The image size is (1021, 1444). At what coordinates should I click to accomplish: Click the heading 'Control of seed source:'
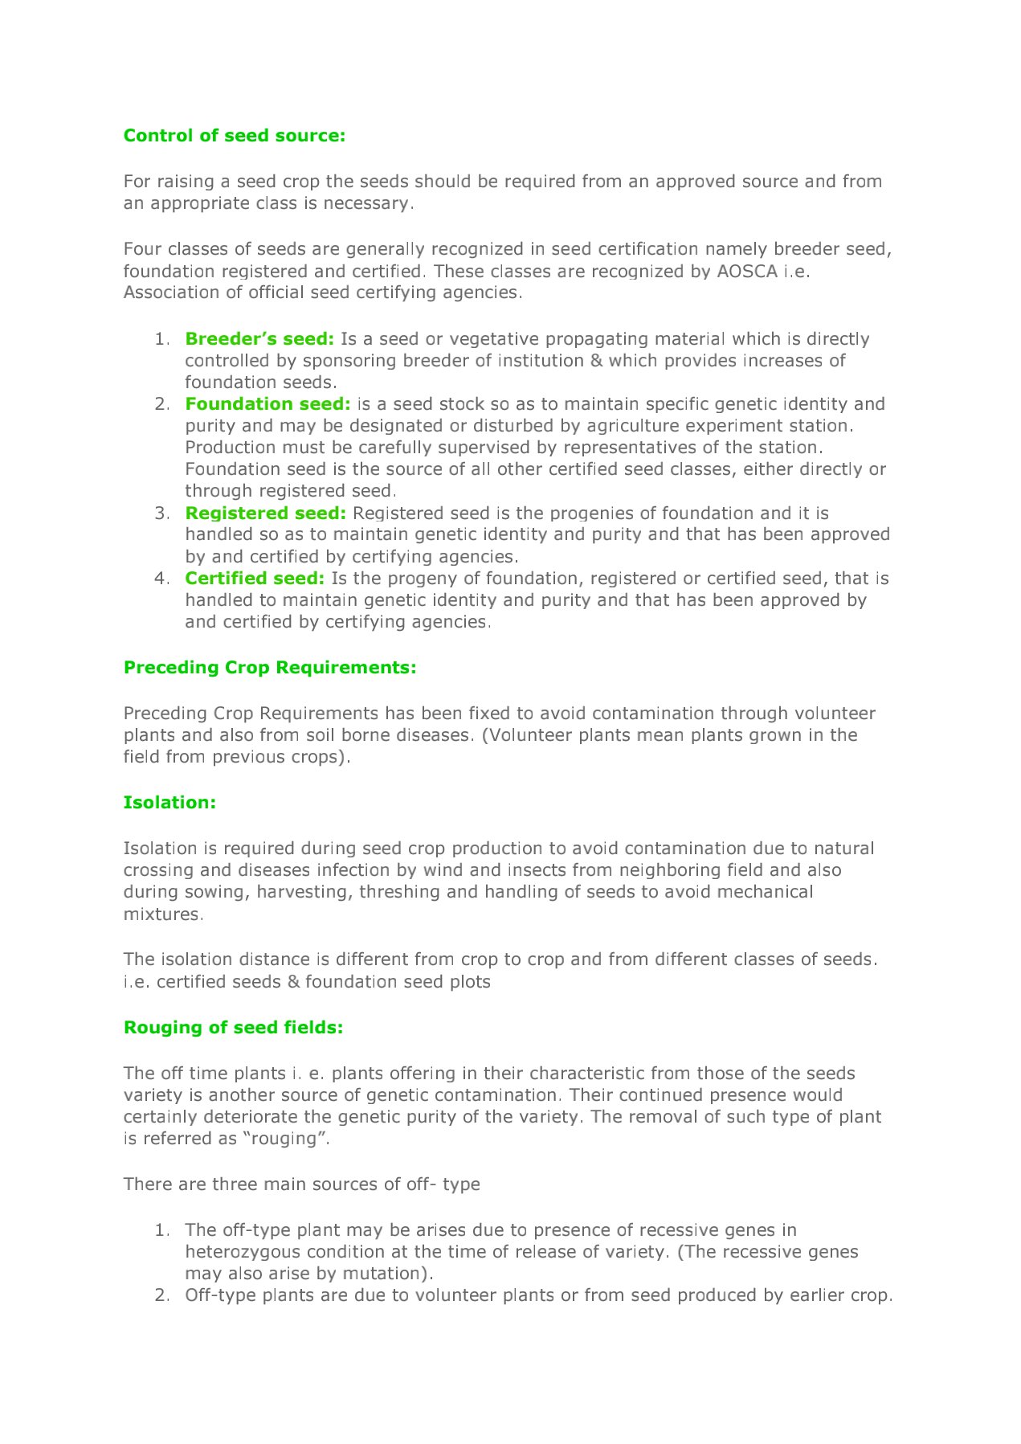click(x=234, y=136)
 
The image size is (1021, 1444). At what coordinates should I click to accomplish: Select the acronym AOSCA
click(x=747, y=272)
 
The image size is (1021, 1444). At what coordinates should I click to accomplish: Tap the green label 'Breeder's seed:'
click(x=259, y=339)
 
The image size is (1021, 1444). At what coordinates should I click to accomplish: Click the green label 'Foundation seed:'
click(x=268, y=404)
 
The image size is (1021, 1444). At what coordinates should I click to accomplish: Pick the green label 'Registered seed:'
click(x=265, y=513)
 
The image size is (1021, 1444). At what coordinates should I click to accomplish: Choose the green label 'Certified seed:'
click(x=255, y=579)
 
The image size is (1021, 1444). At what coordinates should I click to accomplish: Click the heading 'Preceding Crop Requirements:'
click(x=270, y=668)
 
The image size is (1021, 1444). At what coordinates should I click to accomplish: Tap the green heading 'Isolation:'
click(x=169, y=803)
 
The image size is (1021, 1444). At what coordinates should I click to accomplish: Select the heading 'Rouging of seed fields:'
click(x=233, y=1028)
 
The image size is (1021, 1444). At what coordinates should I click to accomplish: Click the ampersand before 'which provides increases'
click(x=596, y=361)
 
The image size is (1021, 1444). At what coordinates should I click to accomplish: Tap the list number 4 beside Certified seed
click(x=161, y=579)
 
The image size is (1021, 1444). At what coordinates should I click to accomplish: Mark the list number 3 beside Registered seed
click(x=161, y=513)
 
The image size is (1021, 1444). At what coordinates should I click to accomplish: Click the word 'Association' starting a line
click(x=171, y=292)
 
